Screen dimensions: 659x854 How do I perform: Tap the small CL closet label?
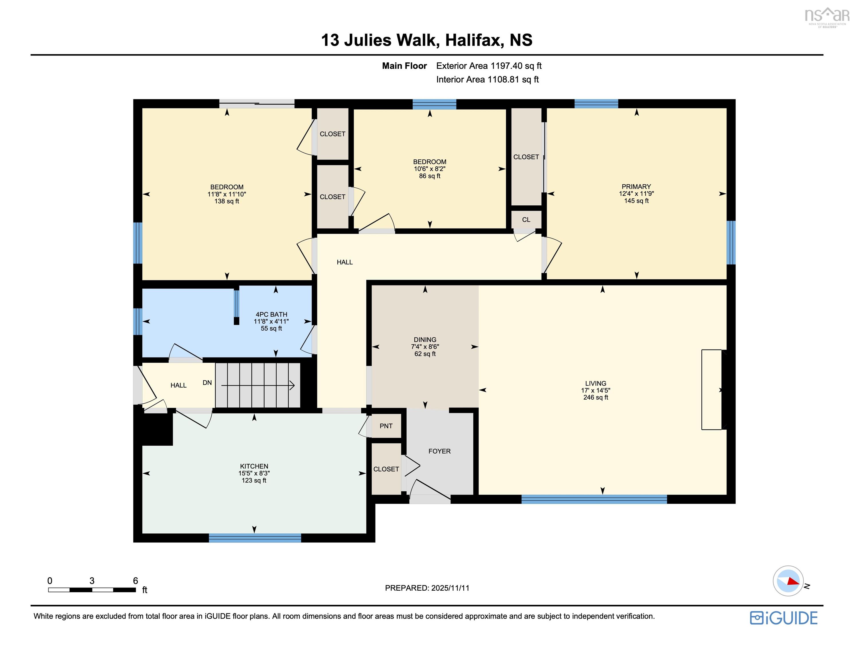526,220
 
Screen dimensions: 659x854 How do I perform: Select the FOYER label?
439,451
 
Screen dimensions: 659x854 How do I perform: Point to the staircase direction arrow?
258,386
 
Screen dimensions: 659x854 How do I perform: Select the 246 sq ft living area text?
595,397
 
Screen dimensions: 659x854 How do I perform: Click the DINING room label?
425,340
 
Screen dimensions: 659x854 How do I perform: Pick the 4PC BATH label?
271,314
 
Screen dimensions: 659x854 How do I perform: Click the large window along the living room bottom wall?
594,499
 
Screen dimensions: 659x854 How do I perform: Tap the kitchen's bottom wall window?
255,538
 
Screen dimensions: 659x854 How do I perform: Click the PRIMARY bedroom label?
636,187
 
